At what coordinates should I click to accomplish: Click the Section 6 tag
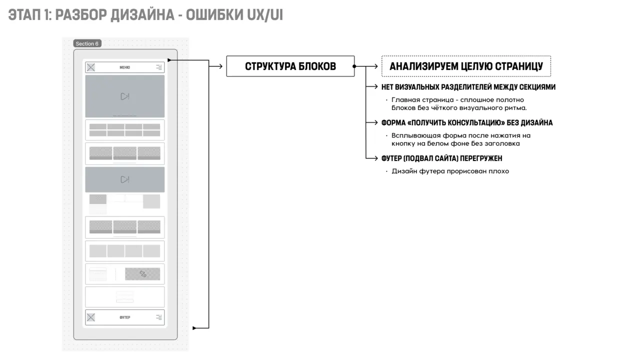[x=87, y=43]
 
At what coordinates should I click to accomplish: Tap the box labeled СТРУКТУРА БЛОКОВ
[x=290, y=66]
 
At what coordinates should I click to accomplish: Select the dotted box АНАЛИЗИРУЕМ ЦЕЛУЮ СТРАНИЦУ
[x=466, y=66]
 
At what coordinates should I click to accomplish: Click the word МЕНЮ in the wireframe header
[x=124, y=67]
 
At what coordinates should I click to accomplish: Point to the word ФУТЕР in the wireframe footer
[x=125, y=317]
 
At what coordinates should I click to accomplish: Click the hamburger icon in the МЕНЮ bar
[x=159, y=67]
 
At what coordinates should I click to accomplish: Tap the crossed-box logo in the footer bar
[x=91, y=317]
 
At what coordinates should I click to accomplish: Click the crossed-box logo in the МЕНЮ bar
[x=91, y=67]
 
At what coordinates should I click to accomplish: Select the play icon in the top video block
[x=125, y=96]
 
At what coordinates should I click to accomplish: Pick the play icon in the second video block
[x=125, y=179]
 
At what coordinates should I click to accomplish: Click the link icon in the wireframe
[x=143, y=274]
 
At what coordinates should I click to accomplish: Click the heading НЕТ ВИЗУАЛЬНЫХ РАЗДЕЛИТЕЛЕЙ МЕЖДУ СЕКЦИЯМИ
[x=468, y=87]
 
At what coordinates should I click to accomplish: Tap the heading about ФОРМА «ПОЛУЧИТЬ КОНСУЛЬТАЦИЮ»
[x=467, y=122]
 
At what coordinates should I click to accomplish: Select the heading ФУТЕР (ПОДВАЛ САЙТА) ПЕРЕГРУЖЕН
[x=441, y=158]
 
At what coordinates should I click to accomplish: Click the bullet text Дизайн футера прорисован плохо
[x=450, y=171]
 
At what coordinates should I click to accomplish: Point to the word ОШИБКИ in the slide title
[x=214, y=15]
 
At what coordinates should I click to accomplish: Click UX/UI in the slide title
[x=265, y=15]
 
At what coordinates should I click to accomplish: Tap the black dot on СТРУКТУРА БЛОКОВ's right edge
[x=354, y=66]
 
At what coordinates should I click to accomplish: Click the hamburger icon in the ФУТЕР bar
[x=159, y=317]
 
